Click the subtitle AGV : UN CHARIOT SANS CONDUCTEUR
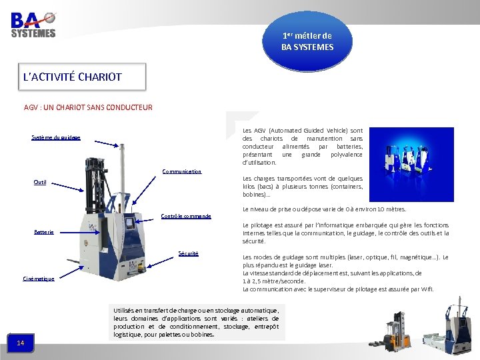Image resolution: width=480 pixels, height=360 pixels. click(88, 107)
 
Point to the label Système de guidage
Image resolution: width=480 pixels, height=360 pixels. click(56, 138)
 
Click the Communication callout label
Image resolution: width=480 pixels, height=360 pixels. click(181, 171)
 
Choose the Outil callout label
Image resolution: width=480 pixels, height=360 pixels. click(40, 182)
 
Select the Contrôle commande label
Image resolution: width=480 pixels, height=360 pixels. click(186, 216)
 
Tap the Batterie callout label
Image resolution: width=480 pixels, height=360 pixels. click(44, 232)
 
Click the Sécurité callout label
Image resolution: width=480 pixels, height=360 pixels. click(188, 253)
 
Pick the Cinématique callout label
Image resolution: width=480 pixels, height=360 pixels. click(39, 279)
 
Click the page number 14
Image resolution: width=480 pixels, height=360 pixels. click(21, 343)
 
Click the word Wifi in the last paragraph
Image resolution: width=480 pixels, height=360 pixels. click(427, 289)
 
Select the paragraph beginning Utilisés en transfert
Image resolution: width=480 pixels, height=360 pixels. click(196, 322)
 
